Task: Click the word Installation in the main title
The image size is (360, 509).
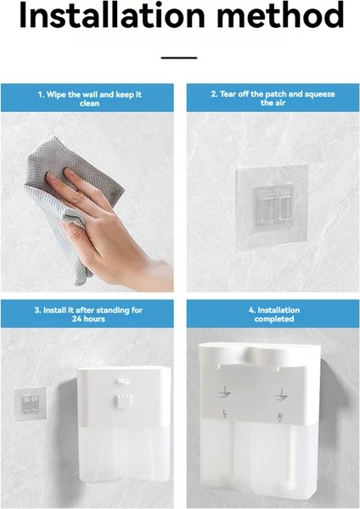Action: pos(112,15)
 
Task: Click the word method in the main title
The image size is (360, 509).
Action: pos(280,15)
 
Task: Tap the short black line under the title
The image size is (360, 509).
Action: pos(179,58)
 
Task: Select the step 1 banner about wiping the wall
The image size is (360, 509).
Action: pos(87,98)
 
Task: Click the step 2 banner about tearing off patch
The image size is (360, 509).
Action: pos(273,98)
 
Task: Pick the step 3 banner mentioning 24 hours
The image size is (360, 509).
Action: pos(87,314)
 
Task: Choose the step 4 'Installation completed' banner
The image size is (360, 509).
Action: pos(273,314)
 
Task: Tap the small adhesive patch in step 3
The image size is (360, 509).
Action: pos(30,404)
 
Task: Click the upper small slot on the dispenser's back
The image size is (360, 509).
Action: pos(123,380)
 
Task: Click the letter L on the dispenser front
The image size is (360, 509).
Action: pos(224,413)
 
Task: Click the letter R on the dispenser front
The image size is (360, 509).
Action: pos(280,417)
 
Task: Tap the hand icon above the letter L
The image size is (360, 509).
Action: pos(224,393)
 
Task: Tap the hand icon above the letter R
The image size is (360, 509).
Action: pos(281,394)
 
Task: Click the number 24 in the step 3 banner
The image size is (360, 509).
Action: pos(76,319)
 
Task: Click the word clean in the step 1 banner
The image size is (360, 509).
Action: pos(89,103)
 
